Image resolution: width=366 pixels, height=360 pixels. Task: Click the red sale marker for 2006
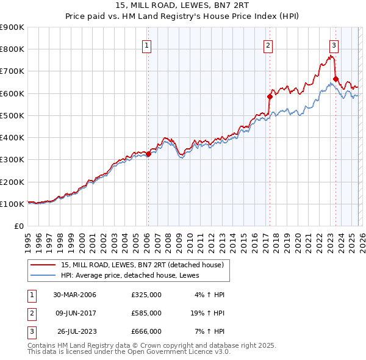(148, 154)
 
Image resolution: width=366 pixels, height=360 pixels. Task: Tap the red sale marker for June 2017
(269, 96)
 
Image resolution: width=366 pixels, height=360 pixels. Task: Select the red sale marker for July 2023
(335, 79)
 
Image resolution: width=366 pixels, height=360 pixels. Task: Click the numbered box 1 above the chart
(148, 45)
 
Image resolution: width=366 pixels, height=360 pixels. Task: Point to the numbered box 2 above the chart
(268, 45)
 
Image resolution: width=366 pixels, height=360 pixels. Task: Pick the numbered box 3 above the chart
(334, 45)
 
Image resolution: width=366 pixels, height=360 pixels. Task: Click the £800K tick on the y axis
(12, 49)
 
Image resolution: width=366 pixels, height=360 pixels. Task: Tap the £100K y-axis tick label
(12, 204)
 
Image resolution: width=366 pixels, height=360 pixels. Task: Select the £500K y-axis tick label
(12, 115)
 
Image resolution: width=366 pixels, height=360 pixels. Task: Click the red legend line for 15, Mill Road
(43, 265)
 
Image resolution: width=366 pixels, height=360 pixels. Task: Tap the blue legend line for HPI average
(43, 275)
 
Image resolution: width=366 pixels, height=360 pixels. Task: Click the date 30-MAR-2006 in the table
(74, 295)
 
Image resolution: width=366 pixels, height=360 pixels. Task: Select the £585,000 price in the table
(146, 313)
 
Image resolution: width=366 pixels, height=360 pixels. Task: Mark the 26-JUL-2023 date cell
(75, 331)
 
